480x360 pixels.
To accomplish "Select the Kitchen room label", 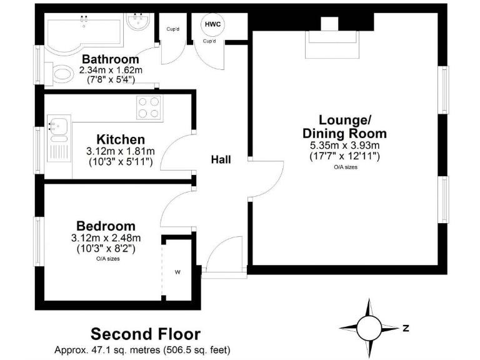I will tap(121, 139).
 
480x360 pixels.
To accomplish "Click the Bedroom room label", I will tap(106, 226).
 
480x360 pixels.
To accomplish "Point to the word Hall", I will tap(220, 160).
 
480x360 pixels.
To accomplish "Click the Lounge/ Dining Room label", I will tap(344, 126).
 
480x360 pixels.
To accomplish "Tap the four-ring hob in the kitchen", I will tap(148, 107).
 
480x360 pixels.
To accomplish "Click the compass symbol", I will tap(369, 327).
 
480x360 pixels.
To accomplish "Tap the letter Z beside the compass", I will tap(406, 327).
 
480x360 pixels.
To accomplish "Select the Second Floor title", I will tap(146, 333).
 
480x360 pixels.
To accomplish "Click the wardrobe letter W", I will tap(178, 272).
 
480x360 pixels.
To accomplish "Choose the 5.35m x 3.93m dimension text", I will tap(344, 146).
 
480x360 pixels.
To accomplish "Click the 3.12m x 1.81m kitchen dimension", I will tap(121, 151).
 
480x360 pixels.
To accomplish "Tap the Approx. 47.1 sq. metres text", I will tap(141, 350).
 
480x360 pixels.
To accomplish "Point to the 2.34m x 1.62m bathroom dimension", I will tap(111, 70).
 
